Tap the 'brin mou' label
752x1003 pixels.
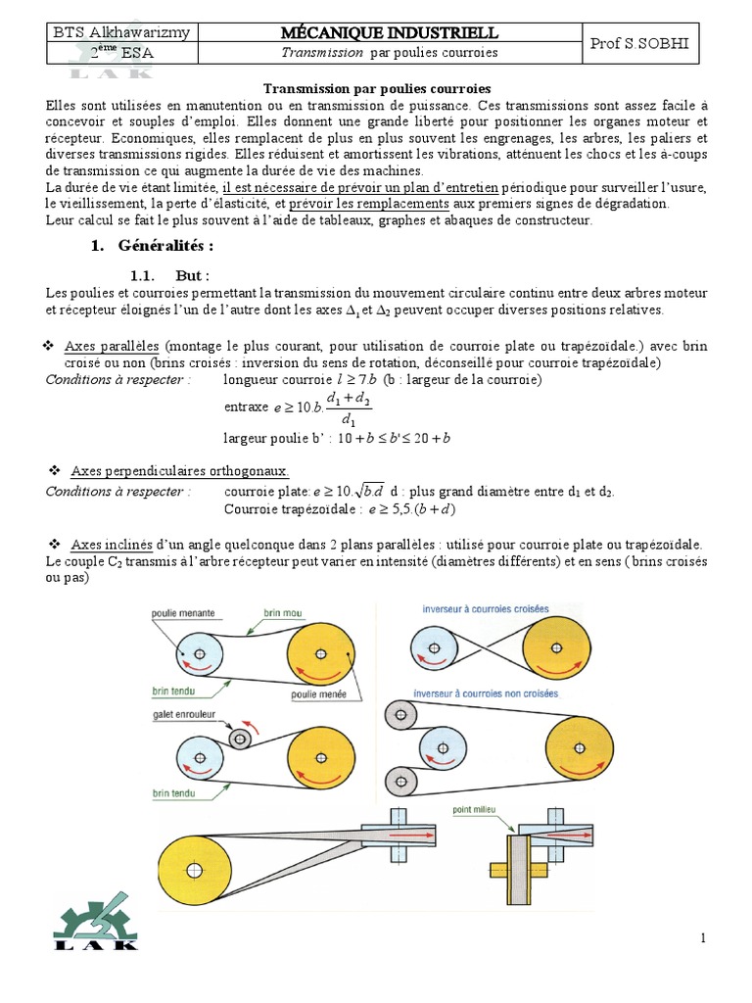tap(284, 613)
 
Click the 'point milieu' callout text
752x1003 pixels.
tap(473, 810)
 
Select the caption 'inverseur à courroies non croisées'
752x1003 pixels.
tap(487, 693)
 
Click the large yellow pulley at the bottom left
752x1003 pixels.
tap(197, 869)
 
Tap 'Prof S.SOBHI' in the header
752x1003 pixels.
tap(640, 43)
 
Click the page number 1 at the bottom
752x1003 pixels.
tap(702, 939)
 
